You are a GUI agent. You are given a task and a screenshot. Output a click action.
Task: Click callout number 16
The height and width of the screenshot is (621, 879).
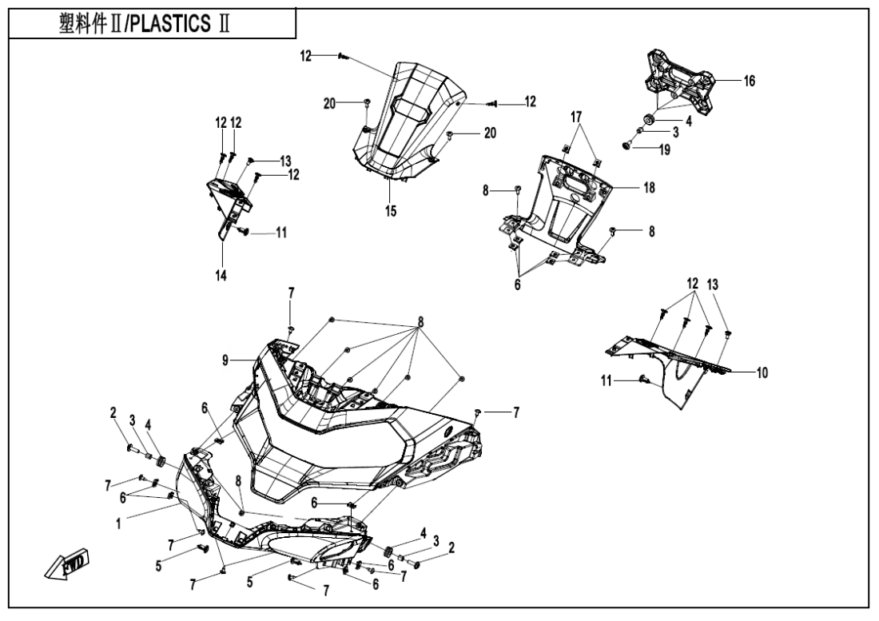[x=749, y=81]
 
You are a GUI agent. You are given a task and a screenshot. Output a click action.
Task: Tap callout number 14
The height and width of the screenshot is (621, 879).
[x=220, y=275]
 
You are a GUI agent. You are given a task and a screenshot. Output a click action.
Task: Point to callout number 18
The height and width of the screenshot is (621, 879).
[x=648, y=187]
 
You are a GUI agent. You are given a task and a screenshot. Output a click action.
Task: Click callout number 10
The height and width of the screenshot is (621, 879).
[x=762, y=372]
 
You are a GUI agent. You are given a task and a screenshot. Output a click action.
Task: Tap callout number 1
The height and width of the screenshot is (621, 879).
[x=118, y=524]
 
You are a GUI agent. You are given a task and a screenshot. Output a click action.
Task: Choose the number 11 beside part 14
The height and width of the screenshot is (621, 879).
[x=280, y=233]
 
